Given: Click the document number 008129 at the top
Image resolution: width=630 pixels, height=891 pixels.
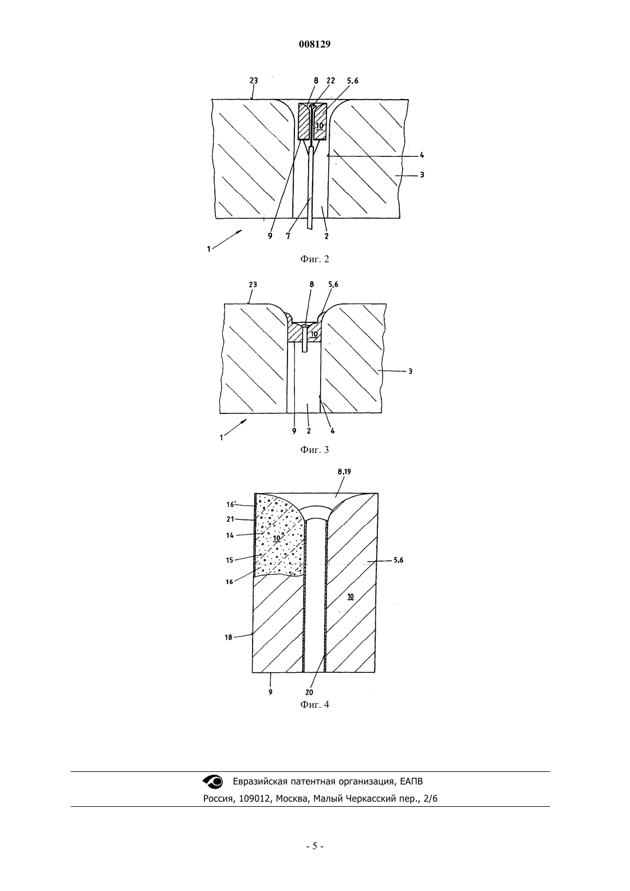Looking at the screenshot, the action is click(x=314, y=45).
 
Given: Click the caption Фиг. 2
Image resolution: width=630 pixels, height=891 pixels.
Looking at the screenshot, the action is click(x=314, y=259).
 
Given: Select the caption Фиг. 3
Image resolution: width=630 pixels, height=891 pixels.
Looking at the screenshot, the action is click(x=314, y=450).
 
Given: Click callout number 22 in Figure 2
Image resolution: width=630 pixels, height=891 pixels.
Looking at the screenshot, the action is click(x=330, y=80).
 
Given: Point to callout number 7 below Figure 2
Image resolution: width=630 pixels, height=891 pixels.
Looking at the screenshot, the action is click(x=288, y=236).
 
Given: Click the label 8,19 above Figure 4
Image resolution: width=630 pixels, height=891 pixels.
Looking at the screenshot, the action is click(x=344, y=472).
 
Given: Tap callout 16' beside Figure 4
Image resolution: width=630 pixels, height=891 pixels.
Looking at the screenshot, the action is click(x=231, y=504).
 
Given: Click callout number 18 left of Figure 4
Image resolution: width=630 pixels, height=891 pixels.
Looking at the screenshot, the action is click(x=229, y=637).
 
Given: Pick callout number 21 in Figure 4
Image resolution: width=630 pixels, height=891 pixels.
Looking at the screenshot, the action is click(x=230, y=519).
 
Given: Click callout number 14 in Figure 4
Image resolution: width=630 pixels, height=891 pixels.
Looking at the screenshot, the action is click(x=230, y=535).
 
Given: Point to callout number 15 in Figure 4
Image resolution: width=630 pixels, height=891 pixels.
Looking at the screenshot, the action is click(x=230, y=559).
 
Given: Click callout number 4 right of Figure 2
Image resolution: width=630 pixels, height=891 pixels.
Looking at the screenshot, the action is click(x=422, y=156).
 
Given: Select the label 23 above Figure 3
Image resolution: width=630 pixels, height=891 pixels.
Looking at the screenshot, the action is click(x=253, y=285).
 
